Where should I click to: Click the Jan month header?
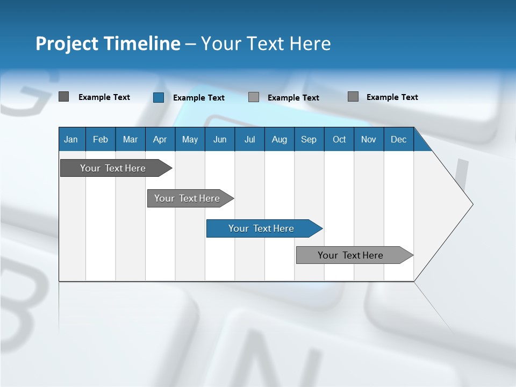coord(71,140)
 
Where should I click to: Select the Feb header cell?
coord(101,140)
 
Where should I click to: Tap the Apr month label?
coord(160,140)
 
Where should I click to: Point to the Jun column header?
coord(220,140)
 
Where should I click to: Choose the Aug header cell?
coord(279,140)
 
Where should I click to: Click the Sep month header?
coord(309,140)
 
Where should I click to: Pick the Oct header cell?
coord(339,140)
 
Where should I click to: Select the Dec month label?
coord(398,140)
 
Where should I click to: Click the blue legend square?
coord(159,97)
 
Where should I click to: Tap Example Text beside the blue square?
coord(198,98)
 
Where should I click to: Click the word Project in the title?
coord(67,44)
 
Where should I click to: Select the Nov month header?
coord(369,140)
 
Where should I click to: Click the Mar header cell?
coord(130,140)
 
